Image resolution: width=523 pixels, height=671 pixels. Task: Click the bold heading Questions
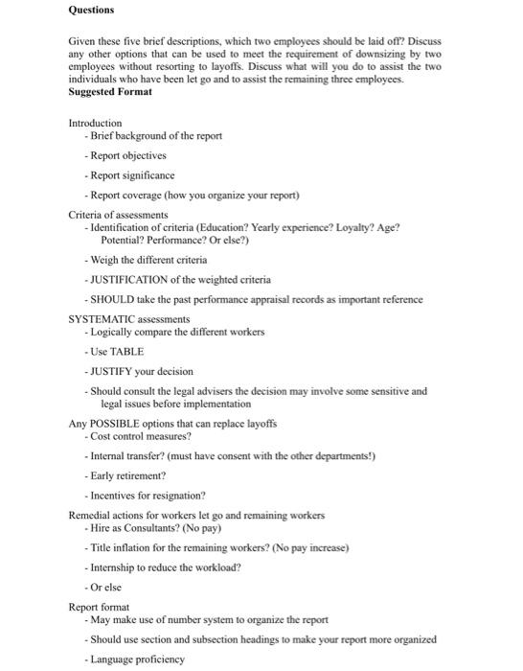coord(91,11)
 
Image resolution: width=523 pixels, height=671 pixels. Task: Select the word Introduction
coord(95,123)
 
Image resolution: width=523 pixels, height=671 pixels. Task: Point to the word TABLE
coord(127,351)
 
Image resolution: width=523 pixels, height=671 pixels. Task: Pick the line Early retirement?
coord(128,474)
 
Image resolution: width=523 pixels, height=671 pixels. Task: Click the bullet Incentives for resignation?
coord(148,495)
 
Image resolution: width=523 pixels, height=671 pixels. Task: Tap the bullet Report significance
coord(132,175)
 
